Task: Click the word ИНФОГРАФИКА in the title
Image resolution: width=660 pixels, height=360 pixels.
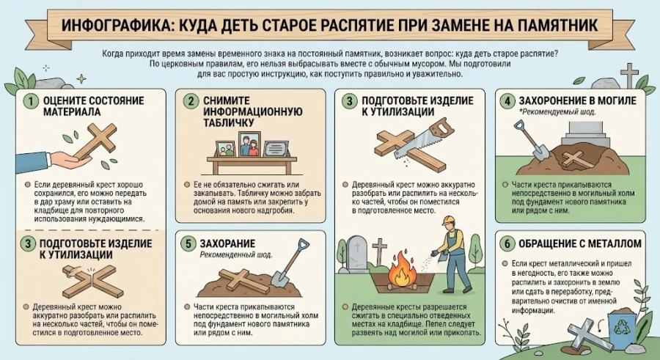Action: coord(111,26)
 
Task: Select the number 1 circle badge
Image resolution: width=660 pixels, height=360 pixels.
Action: coord(30,100)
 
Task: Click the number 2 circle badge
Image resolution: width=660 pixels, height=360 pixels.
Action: coord(190,101)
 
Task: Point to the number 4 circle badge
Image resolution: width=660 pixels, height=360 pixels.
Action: coord(507,100)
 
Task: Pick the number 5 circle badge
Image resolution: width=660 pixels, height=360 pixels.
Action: coord(190,243)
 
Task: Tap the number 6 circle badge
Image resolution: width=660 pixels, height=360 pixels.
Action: coord(507,243)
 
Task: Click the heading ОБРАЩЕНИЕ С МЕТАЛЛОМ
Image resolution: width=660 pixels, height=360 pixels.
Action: coord(573,243)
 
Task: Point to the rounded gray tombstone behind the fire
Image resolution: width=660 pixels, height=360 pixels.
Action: coord(358,253)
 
